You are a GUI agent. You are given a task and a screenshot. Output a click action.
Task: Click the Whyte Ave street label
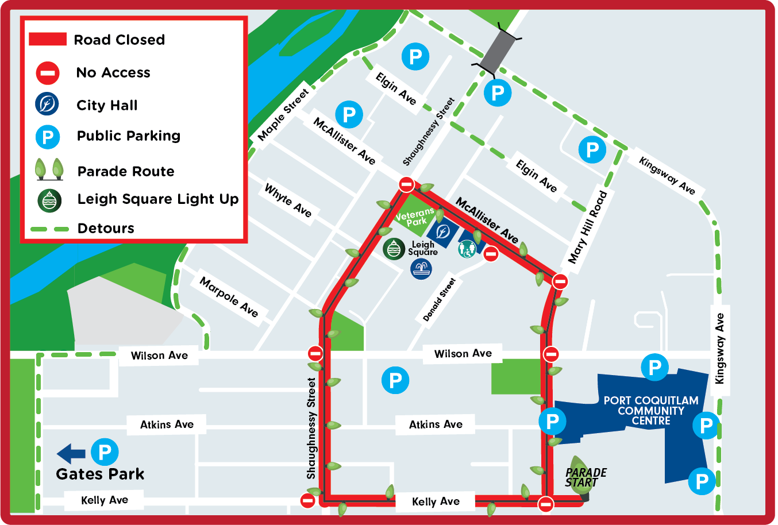[288, 200]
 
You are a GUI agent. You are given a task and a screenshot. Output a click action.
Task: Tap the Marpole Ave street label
[229, 296]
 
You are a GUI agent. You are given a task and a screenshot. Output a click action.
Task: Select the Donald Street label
[439, 300]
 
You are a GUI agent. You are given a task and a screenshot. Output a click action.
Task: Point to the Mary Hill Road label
[587, 227]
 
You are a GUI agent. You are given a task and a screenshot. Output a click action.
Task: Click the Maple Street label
[283, 114]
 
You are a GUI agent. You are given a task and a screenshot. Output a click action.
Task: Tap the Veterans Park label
[415, 217]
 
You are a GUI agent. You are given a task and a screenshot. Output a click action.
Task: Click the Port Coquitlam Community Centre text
[650, 411]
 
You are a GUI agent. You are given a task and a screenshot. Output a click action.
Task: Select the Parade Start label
[586, 477]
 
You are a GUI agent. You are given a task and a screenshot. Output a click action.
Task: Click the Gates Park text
[100, 474]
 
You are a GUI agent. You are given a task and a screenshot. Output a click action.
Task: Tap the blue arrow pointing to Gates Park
[71, 453]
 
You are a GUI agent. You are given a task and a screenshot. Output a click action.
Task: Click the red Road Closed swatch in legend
[48, 39]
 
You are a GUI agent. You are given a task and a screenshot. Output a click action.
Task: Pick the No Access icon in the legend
[48, 73]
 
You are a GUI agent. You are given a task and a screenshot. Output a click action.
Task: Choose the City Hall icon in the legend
[47, 105]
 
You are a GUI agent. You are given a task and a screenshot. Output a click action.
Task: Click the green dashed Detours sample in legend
[49, 229]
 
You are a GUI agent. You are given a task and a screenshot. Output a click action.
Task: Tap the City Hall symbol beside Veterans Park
[443, 231]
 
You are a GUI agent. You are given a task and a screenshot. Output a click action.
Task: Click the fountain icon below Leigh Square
[421, 269]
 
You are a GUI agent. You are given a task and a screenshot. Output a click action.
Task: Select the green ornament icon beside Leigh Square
[394, 249]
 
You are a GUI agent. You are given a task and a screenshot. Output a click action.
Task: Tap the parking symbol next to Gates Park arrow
[105, 452]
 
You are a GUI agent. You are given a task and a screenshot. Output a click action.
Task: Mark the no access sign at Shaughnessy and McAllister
[406, 184]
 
